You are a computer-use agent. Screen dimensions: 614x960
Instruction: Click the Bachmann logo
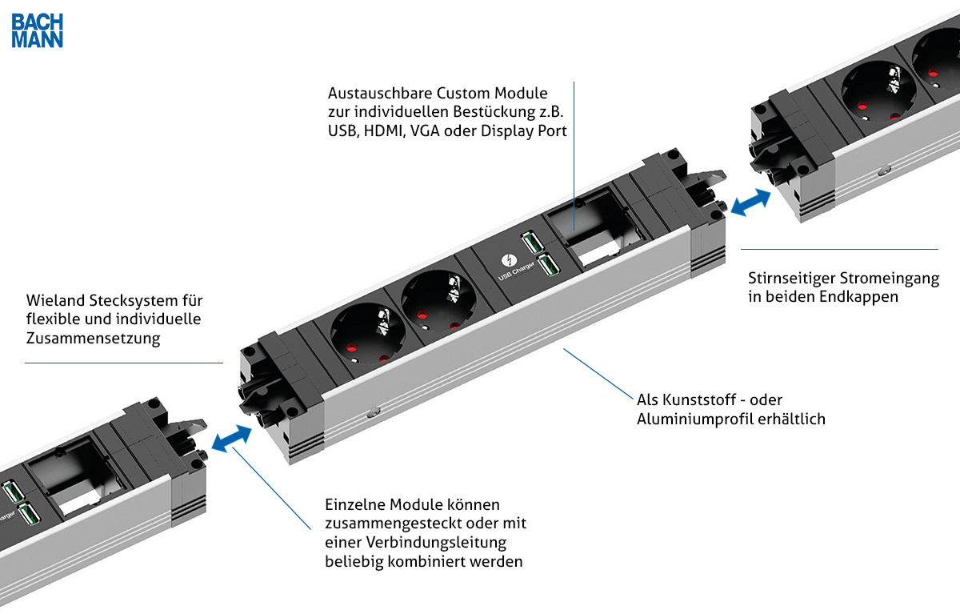point(37,30)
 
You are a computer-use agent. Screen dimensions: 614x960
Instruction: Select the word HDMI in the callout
point(383,131)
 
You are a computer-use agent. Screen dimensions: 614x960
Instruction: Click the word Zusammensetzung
point(94,339)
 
